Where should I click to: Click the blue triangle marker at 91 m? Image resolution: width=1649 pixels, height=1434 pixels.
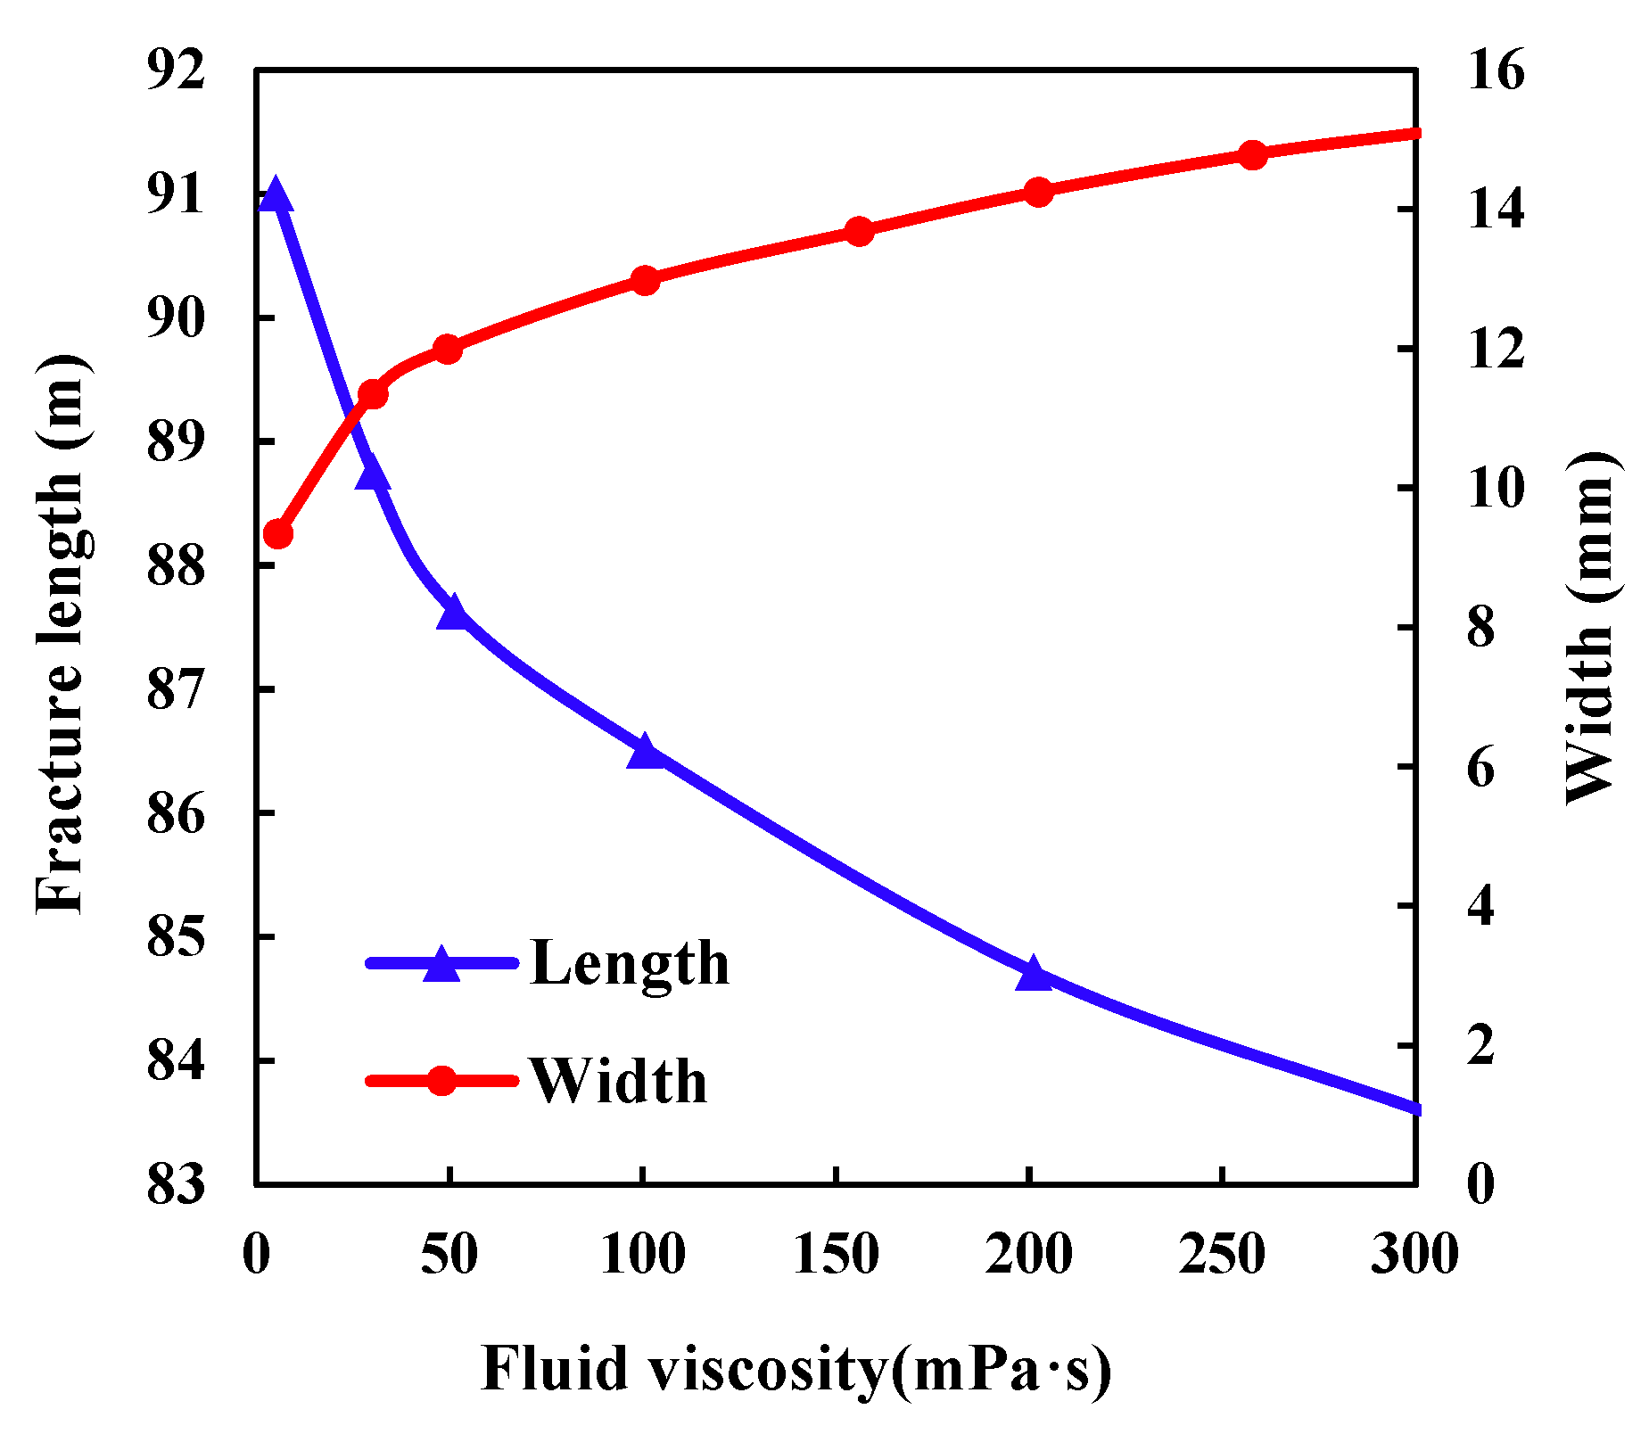(275, 194)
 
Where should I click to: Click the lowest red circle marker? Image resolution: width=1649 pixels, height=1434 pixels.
(279, 534)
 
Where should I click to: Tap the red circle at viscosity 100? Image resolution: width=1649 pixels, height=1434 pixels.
(644, 281)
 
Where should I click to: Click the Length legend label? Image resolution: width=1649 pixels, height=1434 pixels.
(630, 964)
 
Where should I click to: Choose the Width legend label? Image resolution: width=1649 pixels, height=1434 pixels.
(618, 1082)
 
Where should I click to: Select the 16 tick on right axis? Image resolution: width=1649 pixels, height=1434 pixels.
(1496, 70)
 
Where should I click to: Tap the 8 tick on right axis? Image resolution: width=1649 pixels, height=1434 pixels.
(1480, 627)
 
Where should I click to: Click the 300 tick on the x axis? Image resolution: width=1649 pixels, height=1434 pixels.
(1414, 1255)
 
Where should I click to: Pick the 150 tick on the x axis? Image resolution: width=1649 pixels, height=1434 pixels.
(836, 1255)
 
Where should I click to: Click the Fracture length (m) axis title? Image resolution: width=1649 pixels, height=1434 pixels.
(61, 633)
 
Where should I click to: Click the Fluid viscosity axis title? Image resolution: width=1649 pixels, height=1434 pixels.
(796, 1371)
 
